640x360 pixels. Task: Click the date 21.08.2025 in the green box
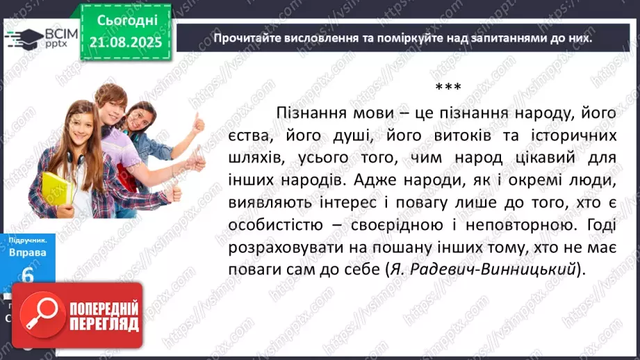coord(126,42)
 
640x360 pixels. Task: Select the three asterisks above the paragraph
coord(448,88)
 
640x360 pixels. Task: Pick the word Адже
coord(374,180)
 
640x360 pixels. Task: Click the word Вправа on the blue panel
coord(28,252)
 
